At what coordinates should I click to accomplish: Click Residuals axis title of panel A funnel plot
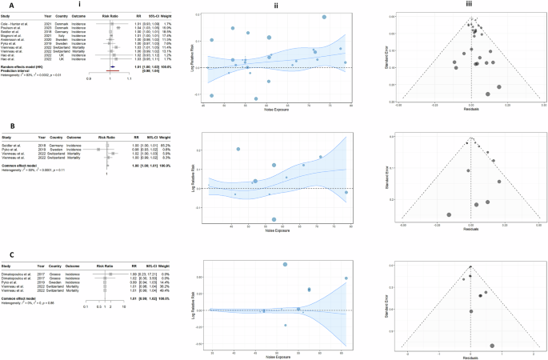click(472, 109)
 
